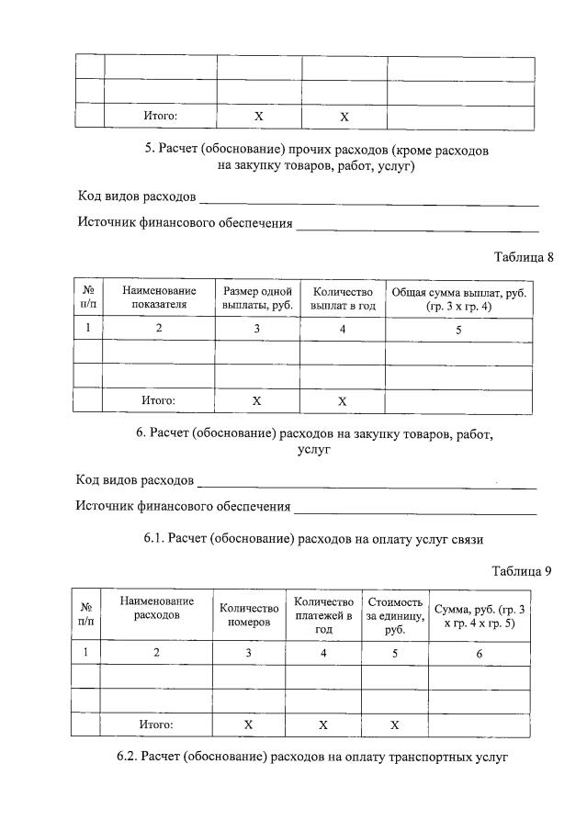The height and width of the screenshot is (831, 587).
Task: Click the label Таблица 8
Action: [x=523, y=257]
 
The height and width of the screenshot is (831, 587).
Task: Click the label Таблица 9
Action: [x=521, y=570]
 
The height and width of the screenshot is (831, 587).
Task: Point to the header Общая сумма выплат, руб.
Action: [x=458, y=298]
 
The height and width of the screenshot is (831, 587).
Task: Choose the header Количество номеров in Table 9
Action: [x=249, y=615]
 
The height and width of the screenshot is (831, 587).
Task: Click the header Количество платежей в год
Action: [x=323, y=615]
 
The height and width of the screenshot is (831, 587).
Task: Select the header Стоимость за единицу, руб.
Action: [x=395, y=615]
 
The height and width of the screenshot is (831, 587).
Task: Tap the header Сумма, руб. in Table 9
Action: [x=479, y=615]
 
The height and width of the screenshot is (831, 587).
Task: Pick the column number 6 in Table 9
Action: [x=479, y=653]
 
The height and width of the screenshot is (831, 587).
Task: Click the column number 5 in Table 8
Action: [x=458, y=330]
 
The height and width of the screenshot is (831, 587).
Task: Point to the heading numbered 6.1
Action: [x=312, y=539]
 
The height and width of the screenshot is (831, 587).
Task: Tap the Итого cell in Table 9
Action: [x=156, y=724]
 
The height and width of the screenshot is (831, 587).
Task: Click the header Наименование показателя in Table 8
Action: [x=158, y=298]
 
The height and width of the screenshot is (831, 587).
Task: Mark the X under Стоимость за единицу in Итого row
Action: [x=395, y=724]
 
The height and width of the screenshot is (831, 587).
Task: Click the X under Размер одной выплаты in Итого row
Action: [x=257, y=401]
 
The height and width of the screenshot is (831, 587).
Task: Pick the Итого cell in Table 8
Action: [x=158, y=401]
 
